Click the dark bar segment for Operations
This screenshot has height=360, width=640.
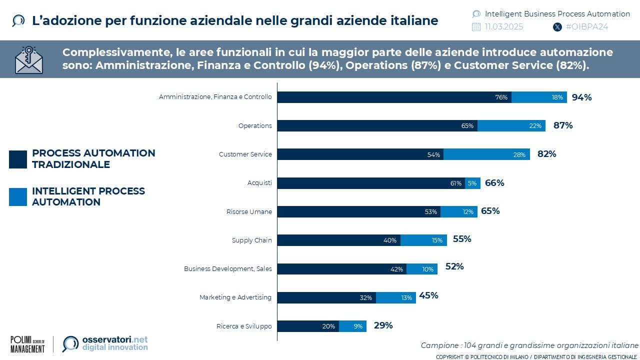coord(377,125)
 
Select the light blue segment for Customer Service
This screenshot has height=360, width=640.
coord(486,154)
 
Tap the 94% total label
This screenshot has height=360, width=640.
coord(581,97)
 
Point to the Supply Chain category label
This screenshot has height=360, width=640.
coord(251,240)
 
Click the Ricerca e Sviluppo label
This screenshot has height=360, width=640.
coord(244,326)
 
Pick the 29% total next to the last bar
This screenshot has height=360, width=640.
coord(383,325)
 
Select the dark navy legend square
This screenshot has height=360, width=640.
coord(18,159)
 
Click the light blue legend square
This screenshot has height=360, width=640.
coord(18,197)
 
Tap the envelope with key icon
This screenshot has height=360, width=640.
coord(29,60)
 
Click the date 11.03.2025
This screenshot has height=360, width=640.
coord(503,27)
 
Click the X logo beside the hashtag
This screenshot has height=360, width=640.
coord(557,27)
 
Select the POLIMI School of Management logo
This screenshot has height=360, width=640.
coord(27,344)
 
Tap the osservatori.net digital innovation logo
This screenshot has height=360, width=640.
coord(105,343)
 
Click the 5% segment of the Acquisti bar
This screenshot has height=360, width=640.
coord(472,183)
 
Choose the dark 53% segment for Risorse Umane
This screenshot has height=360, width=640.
coord(358,211)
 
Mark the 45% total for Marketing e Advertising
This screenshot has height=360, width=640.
coord(428,295)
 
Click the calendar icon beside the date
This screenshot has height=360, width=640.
coord(476,27)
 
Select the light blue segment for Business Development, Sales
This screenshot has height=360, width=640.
coord(422,269)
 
